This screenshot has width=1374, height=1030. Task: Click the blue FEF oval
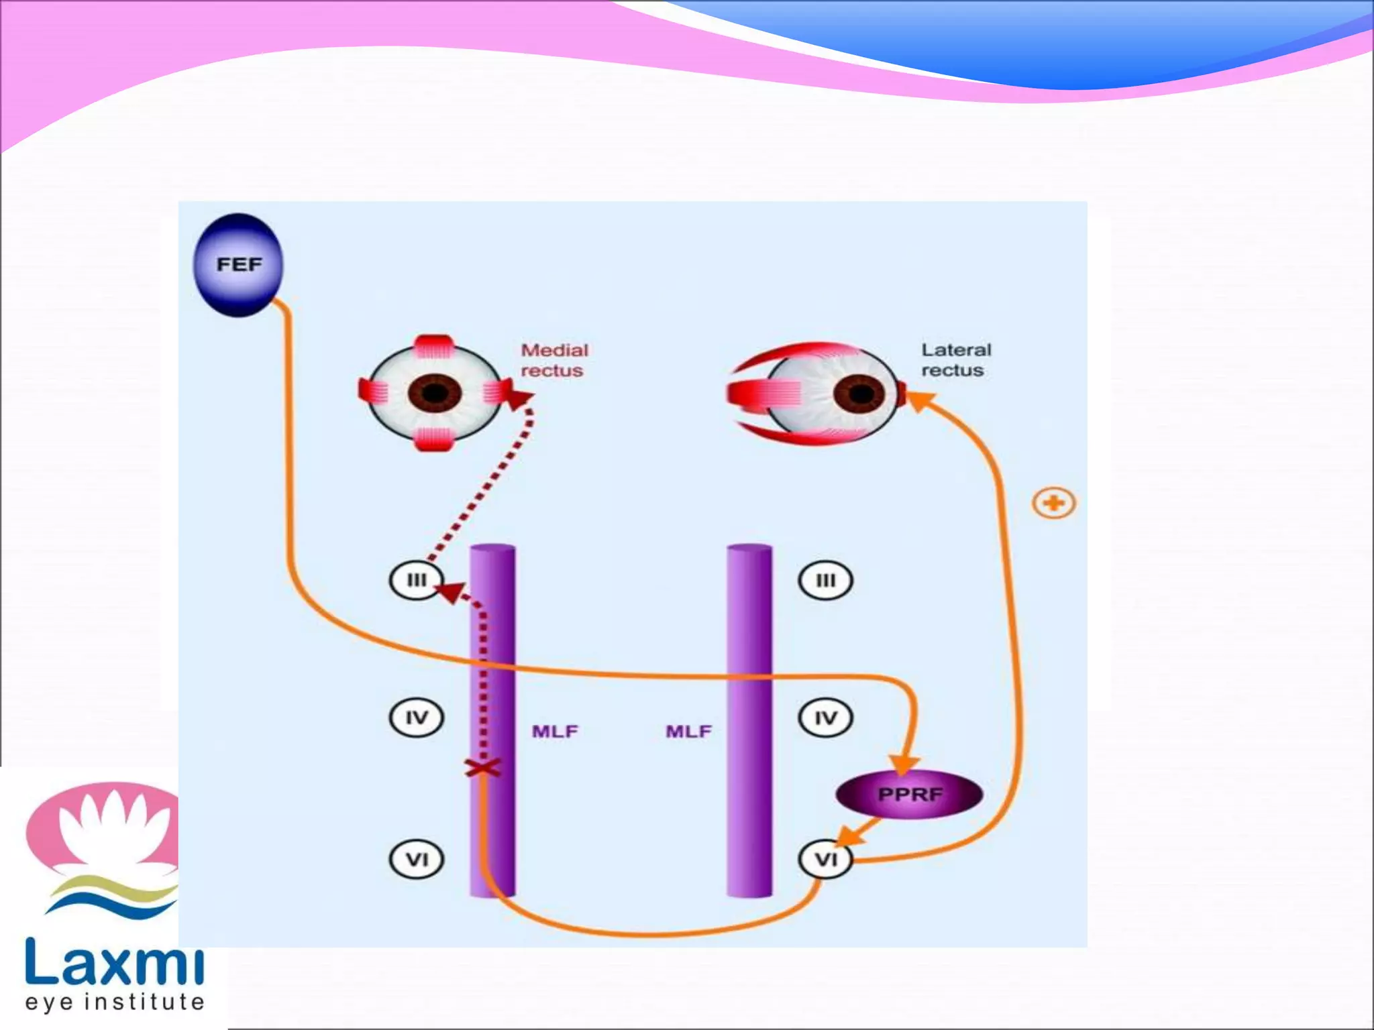click(238, 265)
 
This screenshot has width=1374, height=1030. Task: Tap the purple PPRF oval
click(910, 795)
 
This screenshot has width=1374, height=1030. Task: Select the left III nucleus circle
click(417, 580)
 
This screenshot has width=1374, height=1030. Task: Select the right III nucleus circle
click(825, 580)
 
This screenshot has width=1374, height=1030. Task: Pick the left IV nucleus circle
click(417, 718)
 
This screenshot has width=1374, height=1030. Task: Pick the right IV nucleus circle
click(825, 718)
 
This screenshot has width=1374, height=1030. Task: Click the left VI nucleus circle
click(417, 859)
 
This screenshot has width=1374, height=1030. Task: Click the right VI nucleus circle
click(825, 859)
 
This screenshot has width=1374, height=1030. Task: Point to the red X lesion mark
click(483, 768)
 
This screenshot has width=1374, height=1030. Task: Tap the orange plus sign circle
click(1054, 503)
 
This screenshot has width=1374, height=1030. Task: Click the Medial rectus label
click(553, 360)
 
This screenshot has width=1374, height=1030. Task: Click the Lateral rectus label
click(955, 360)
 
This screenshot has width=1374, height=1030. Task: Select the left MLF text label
click(555, 731)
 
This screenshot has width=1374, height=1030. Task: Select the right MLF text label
click(689, 731)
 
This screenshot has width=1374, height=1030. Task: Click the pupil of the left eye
click(435, 392)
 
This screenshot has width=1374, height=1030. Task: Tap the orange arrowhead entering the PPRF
click(904, 764)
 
